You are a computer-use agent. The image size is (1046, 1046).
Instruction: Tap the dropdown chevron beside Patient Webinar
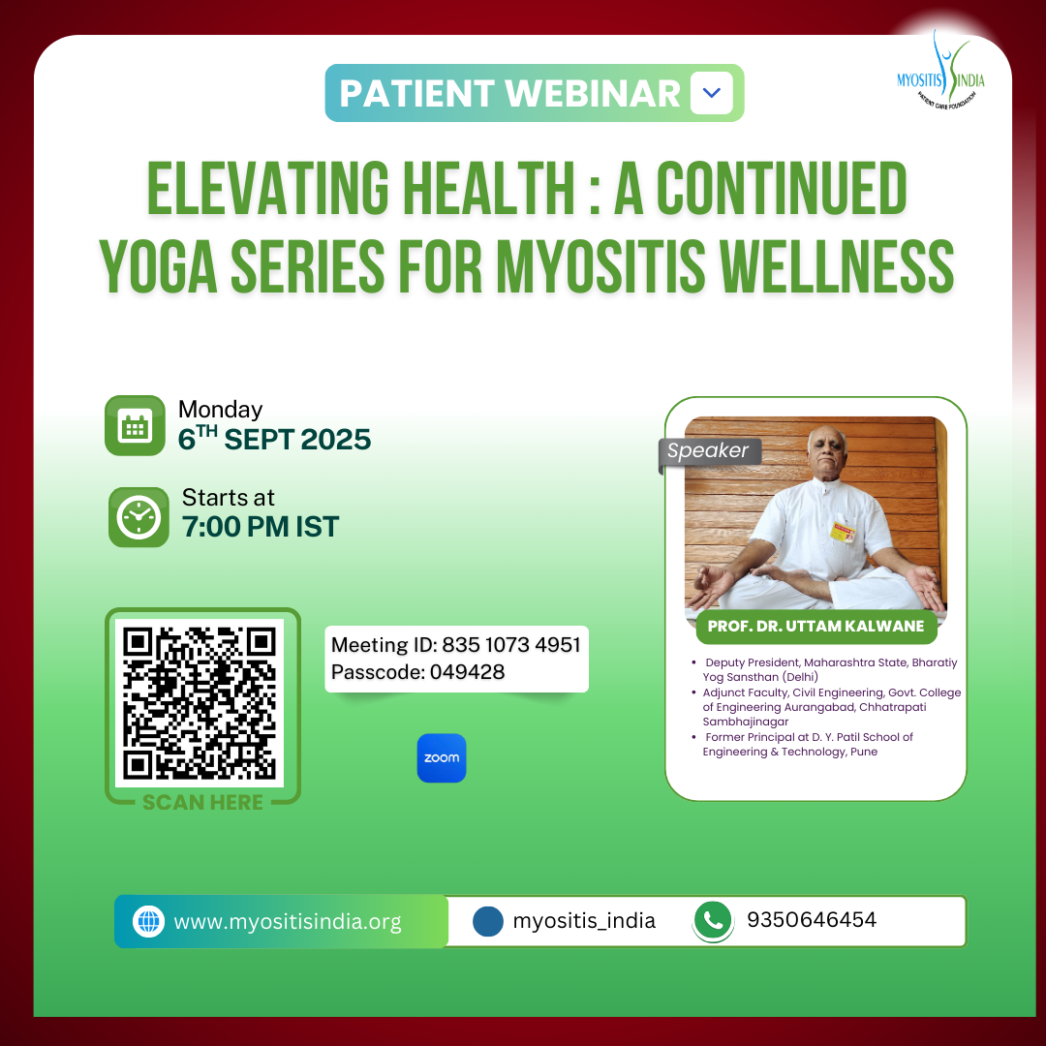pyautogui.click(x=712, y=93)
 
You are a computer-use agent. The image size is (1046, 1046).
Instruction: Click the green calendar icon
pyautogui.click(x=135, y=425)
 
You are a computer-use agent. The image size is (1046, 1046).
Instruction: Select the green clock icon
pyautogui.click(x=138, y=517)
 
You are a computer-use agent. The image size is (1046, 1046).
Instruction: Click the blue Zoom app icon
pyautogui.click(x=442, y=757)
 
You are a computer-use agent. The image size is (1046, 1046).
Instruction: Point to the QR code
pyautogui.click(x=200, y=703)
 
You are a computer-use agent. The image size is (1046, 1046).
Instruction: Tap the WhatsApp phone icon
pyautogui.click(x=713, y=921)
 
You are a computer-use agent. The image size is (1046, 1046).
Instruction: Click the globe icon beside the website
pyautogui.click(x=148, y=921)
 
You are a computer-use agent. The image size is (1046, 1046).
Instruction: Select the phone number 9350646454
pyautogui.click(x=812, y=920)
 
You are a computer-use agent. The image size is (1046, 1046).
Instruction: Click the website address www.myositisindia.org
pyautogui.click(x=288, y=922)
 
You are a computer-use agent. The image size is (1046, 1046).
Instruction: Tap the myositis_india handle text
pyautogui.click(x=584, y=921)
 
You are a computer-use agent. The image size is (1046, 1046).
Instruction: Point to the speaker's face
pyautogui.click(x=827, y=452)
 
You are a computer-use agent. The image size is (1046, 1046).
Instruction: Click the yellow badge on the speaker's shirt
pyautogui.click(x=843, y=532)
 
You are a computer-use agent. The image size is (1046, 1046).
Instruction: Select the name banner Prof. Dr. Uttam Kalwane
pyautogui.click(x=815, y=627)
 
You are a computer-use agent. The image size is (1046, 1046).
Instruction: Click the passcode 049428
pyautogui.click(x=467, y=672)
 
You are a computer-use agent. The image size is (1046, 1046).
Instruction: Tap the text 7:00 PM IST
pyautogui.click(x=261, y=527)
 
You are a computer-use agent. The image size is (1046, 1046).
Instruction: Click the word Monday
pyautogui.click(x=220, y=410)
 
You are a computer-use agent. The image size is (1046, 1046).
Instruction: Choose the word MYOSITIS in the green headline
pyautogui.click(x=600, y=266)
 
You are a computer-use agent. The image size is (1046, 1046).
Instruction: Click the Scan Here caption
pyautogui.click(x=202, y=803)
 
